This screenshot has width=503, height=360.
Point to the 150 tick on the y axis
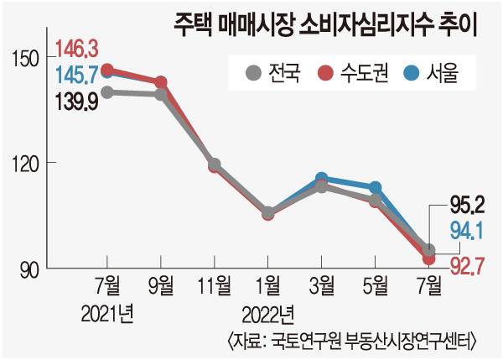coord(28,58)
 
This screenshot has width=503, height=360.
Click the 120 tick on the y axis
coord(28,163)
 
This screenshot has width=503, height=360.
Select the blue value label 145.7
coord(75,76)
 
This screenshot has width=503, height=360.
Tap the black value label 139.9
coord(75,102)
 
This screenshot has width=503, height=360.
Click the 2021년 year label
coord(108,315)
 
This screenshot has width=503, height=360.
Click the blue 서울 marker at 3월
coord(321,179)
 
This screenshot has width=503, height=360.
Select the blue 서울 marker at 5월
coord(376,187)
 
